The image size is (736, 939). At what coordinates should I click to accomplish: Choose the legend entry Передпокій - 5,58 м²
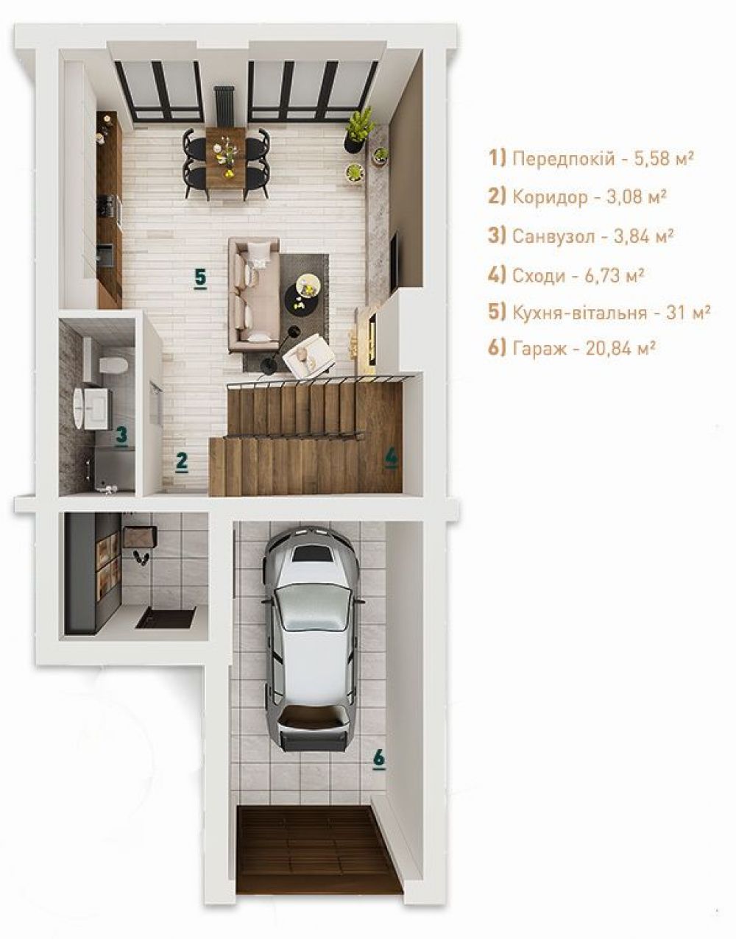(591, 159)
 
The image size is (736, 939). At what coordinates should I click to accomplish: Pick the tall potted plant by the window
(359, 129)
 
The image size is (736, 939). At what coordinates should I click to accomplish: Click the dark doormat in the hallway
(166, 617)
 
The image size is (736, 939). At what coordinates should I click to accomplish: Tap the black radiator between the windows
(224, 107)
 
